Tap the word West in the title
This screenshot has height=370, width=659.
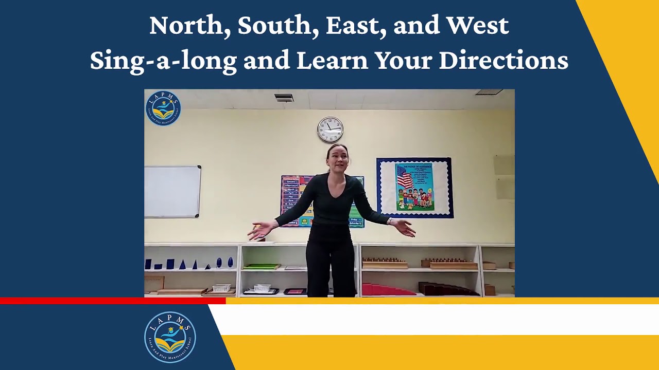tap(477, 26)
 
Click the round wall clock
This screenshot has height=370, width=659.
tap(330, 129)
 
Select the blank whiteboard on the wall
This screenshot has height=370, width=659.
tap(172, 191)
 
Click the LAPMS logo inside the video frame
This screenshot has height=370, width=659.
tap(163, 108)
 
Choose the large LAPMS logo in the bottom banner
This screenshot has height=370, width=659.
tap(170, 337)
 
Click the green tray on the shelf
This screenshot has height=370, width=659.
tap(262, 266)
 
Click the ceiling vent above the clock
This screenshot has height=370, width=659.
tap(284, 97)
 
